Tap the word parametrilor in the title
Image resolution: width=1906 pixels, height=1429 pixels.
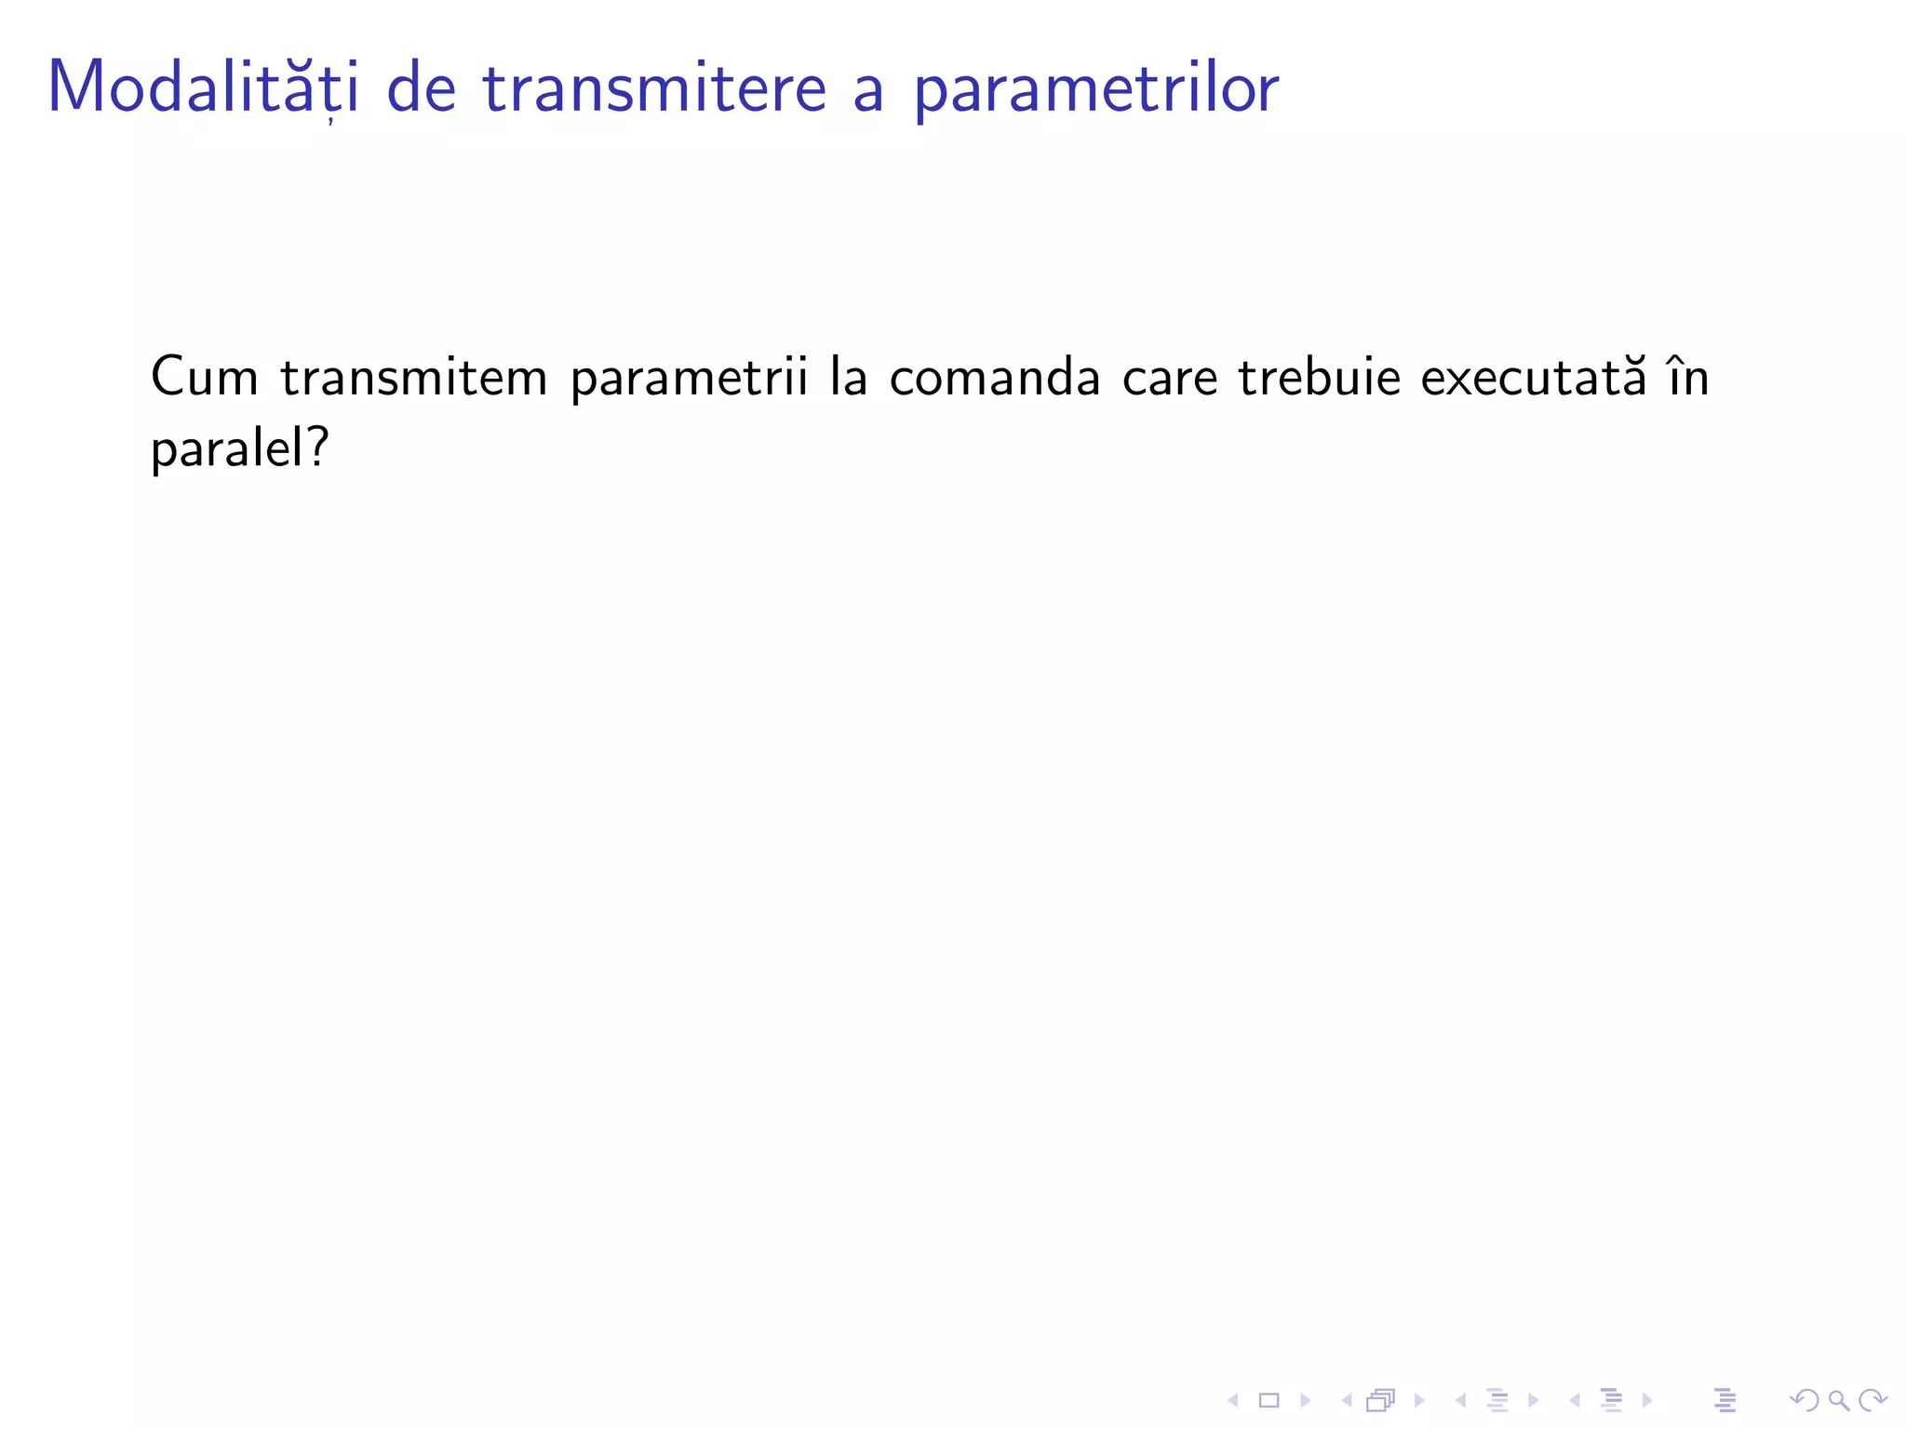[1095, 91]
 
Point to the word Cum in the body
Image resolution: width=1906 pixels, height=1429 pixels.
[205, 378]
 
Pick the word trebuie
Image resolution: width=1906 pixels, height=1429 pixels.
[1319, 378]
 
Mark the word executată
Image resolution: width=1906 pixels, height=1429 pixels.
[1534, 378]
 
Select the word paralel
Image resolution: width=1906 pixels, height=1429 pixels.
[223, 450]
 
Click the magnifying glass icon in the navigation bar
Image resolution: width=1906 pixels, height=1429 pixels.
[1838, 1400]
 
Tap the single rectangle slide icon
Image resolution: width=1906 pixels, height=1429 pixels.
[1268, 1400]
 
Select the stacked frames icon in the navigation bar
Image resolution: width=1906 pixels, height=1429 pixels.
[1381, 1400]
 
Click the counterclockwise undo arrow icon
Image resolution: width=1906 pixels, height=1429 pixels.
[1804, 1400]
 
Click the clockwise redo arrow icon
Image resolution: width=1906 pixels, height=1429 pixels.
[1872, 1400]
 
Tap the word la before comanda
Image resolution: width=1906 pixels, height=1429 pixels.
[848, 378]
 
